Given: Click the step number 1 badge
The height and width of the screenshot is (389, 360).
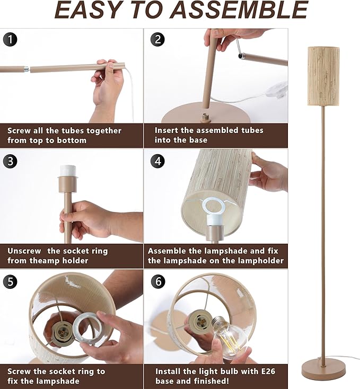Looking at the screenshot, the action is point(10,39).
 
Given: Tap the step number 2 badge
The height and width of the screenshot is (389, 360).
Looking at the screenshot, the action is point(157,39).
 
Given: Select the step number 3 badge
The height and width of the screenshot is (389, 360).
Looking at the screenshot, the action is point(10,161).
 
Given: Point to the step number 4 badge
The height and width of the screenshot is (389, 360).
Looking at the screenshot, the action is point(157,161).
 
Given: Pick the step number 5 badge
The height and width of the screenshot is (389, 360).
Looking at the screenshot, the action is point(10,281).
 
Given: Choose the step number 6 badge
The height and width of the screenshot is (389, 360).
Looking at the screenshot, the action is point(157,281).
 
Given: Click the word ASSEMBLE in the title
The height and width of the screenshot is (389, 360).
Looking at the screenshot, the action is point(240,10).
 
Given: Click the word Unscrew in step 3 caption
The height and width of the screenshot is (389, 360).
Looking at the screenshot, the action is point(24,251).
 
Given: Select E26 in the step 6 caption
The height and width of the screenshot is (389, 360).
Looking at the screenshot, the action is point(268,371).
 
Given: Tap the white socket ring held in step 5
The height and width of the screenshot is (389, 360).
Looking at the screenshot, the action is point(85,329).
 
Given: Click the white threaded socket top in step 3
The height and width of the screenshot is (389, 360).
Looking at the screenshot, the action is point(68,171).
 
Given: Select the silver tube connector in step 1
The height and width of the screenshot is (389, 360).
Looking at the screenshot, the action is point(27,69).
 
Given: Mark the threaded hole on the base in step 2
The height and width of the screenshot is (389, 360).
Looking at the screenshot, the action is point(206,117).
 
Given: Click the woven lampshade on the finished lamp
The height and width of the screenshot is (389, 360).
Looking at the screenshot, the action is point(323,76).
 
